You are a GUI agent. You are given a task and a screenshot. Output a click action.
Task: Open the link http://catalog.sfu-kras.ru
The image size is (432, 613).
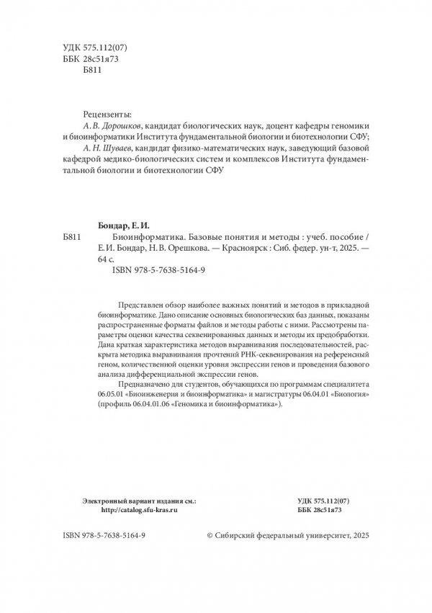click(x=140, y=509)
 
